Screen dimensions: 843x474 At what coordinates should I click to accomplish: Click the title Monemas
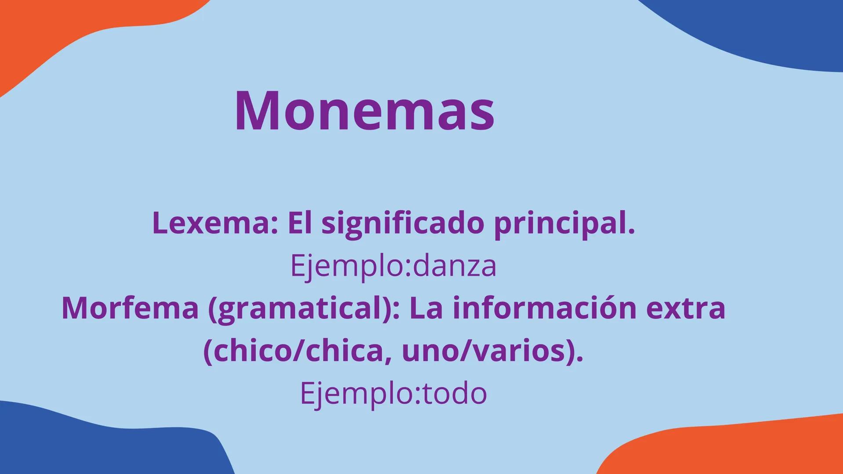[x=365, y=110]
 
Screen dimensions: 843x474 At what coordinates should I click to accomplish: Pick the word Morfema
[x=130, y=308]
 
